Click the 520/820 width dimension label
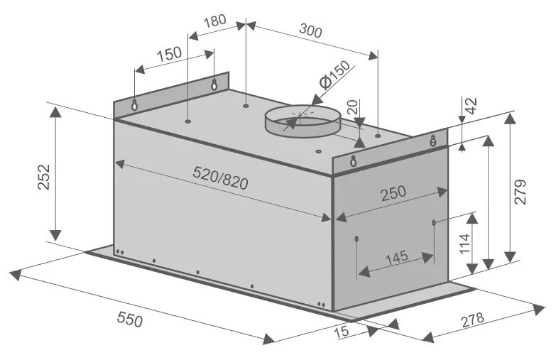(220, 178)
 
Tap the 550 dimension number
(130, 319)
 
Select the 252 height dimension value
(45, 177)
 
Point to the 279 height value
(520, 192)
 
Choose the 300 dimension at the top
(310, 31)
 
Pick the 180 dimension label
(215, 21)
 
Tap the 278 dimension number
(472, 320)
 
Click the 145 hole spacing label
(396, 257)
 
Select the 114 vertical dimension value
(464, 244)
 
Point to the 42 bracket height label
(471, 106)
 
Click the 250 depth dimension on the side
(393, 192)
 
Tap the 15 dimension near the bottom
(342, 332)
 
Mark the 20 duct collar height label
(352, 107)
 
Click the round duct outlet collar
(303, 121)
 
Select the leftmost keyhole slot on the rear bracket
(134, 104)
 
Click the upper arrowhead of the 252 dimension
(55, 111)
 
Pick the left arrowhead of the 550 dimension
(14, 275)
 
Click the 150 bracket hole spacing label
(169, 54)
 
